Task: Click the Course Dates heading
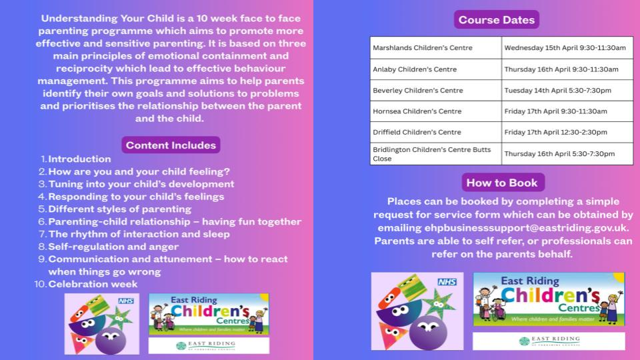pos(497,19)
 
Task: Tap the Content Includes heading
pos(171,145)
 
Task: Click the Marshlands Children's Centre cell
pos(436,48)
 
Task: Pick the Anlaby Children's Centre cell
pos(436,69)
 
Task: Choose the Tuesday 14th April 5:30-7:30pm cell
pos(567,91)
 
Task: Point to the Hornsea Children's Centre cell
pos(436,111)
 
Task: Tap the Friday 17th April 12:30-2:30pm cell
pos(567,132)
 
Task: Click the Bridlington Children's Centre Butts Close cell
pos(436,154)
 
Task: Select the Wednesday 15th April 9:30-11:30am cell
pos(567,48)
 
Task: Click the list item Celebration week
pos(93,284)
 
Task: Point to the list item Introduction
pos(79,159)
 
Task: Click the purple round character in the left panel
pos(110,339)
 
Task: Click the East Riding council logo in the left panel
pos(209,345)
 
